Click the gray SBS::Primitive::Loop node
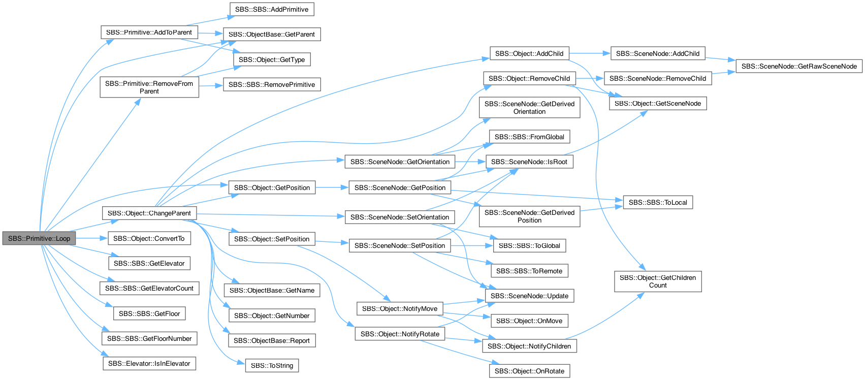click(x=39, y=238)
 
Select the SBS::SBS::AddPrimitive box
click(x=272, y=9)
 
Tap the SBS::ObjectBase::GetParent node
click(x=272, y=34)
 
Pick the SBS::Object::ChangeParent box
click(x=149, y=213)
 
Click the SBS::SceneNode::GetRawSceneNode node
click(x=799, y=66)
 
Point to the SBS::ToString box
click(x=272, y=365)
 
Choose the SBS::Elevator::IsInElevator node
click(x=149, y=363)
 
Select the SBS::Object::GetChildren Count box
click(x=658, y=281)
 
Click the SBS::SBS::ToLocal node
click(x=658, y=202)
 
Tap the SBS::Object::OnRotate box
click(x=529, y=371)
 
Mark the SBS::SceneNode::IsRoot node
click(x=529, y=162)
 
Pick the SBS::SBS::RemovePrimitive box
click(x=272, y=84)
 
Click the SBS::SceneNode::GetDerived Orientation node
click(x=529, y=108)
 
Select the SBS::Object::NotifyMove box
click(x=400, y=308)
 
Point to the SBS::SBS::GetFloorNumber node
click(x=149, y=338)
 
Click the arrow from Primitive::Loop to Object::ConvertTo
click(x=91, y=238)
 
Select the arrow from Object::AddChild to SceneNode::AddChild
click(x=590, y=53)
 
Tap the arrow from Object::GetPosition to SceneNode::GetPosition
click(x=332, y=187)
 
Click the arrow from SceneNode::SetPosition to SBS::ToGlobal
click(x=472, y=245)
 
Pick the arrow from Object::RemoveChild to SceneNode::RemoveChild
click(x=590, y=78)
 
